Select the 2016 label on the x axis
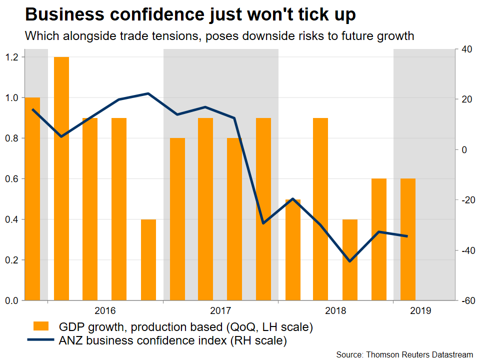point(105,310)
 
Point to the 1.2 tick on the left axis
point(11,57)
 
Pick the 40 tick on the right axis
point(467,49)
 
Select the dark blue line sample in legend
point(40,341)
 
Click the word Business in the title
point(58,15)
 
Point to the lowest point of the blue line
point(350,261)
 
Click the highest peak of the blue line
point(148,93)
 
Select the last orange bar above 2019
point(408,239)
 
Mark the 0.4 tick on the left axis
point(11,219)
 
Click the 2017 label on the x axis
point(221,310)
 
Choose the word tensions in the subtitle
point(168,36)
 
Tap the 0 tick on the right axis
point(464,150)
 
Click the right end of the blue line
point(407,236)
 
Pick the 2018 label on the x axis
point(336,310)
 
